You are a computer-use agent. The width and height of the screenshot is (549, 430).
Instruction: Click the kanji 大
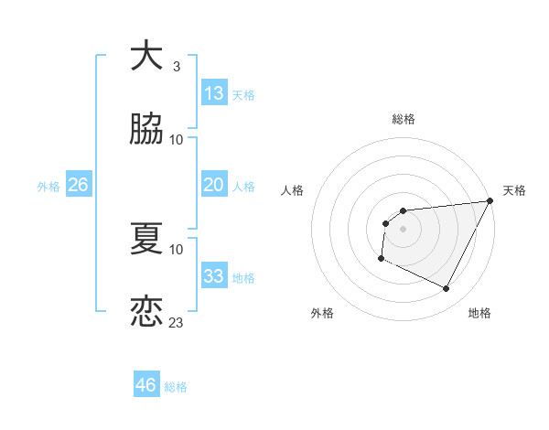147,56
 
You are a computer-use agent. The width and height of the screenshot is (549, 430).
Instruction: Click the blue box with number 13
214,93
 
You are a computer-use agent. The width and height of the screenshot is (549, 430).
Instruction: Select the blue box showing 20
214,185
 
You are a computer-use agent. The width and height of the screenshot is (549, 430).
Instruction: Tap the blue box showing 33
214,276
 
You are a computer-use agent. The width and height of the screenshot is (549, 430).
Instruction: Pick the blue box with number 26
78,185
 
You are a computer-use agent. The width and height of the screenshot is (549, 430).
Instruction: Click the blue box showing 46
146,385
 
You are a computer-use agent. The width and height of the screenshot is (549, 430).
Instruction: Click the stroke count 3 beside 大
177,67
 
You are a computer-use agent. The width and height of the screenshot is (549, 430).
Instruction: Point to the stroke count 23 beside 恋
177,323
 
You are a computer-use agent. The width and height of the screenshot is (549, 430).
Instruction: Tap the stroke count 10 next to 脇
177,140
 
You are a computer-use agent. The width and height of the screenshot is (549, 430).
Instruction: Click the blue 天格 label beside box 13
243,94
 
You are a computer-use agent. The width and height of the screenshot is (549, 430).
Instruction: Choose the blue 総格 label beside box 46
176,387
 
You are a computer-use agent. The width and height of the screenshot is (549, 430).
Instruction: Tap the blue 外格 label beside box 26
48,186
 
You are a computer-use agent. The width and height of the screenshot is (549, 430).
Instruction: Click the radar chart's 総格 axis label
403,119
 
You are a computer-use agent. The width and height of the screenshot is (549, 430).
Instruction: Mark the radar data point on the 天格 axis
490,201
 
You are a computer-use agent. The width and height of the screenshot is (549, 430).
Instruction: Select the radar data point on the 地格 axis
447,289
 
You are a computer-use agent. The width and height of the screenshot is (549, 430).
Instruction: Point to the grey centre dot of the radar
403,230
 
